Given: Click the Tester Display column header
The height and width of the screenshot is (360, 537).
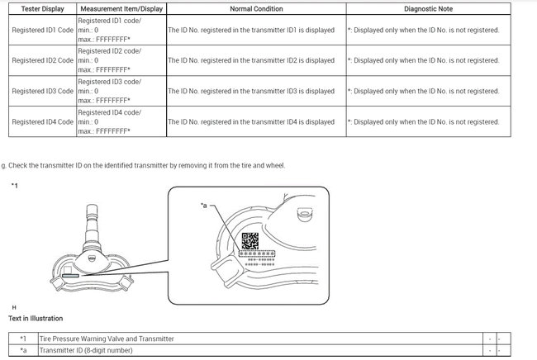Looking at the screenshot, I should pyautogui.click(x=41, y=8).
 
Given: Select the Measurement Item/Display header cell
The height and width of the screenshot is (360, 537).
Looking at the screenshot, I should pyautogui.click(x=121, y=8).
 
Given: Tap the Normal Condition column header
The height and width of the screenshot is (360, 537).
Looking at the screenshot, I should pyautogui.click(x=256, y=8).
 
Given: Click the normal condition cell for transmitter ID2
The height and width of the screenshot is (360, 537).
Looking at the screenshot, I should pyautogui.click(x=251, y=60).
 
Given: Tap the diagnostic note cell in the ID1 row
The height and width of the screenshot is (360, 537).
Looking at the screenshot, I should pyautogui.click(x=424, y=29).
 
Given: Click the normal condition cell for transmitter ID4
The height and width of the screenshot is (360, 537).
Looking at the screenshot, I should pyautogui.click(x=251, y=121).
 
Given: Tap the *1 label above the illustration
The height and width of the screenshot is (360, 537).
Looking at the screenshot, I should pyautogui.click(x=15, y=186).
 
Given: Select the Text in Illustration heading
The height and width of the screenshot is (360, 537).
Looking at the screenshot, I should pyautogui.click(x=35, y=318).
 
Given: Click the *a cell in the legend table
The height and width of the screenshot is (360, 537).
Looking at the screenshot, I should pyautogui.click(x=23, y=351).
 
